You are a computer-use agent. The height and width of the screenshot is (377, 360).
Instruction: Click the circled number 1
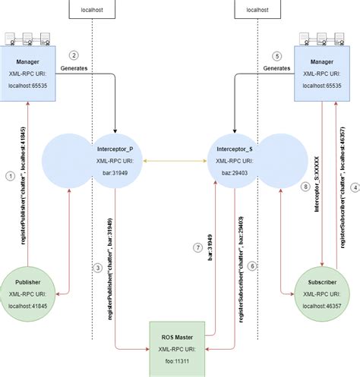(10, 175)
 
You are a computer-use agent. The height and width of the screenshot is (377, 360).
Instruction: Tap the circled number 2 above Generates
(74, 55)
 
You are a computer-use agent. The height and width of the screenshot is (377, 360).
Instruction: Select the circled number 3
(98, 267)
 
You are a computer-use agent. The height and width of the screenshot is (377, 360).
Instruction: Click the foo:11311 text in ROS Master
(180, 363)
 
